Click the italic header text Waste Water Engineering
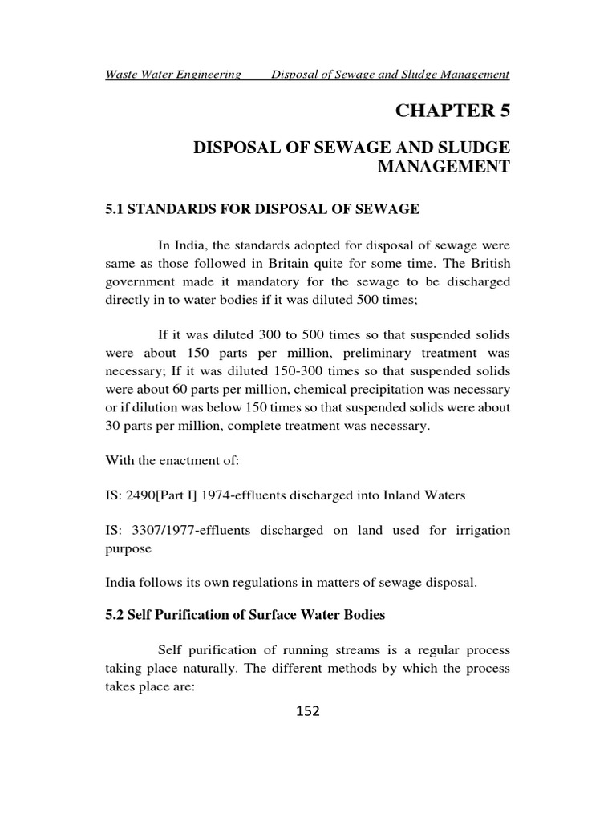click(173, 75)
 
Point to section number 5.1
click(116, 209)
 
